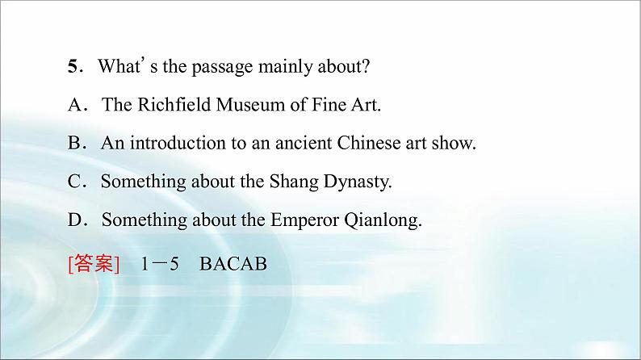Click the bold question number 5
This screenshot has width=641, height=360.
tap(73, 66)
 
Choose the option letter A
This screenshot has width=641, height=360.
tap(75, 105)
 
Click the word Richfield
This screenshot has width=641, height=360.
tap(174, 104)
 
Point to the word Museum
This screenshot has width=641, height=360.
tap(250, 105)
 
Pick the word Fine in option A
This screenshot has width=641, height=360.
tap(329, 104)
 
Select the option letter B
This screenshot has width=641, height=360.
tap(75, 143)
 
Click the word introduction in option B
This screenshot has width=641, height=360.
tap(178, 143)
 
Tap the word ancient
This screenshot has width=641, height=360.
tap(304, 143)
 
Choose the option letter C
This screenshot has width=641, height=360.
tap(75, 182)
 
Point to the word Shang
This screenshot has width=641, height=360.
tap(294, 182)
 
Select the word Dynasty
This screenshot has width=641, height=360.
tap(356, 182)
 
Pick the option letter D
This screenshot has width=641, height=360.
tap(75, 220)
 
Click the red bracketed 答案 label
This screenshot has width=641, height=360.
tap(94, 264)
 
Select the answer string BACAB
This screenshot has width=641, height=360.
tap(233, 264)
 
